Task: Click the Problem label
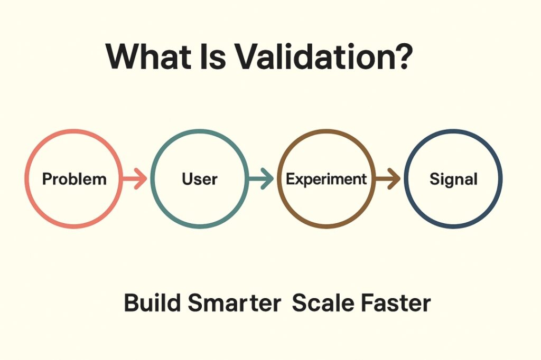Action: pos(74,179)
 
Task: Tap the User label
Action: pos(199,179)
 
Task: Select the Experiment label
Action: pos(326,179)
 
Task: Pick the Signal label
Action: pos(453,179)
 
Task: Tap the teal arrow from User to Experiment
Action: pos(261,178)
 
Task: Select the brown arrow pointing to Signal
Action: pos(387,178)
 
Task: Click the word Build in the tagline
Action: pos(152,303)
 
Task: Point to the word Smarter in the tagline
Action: pos(234,303)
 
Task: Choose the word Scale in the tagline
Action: pos(323,303)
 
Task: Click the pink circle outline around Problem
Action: pos(26,178)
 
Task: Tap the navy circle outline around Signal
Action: pos(406,178)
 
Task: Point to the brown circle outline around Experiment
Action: pos(279,178)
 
